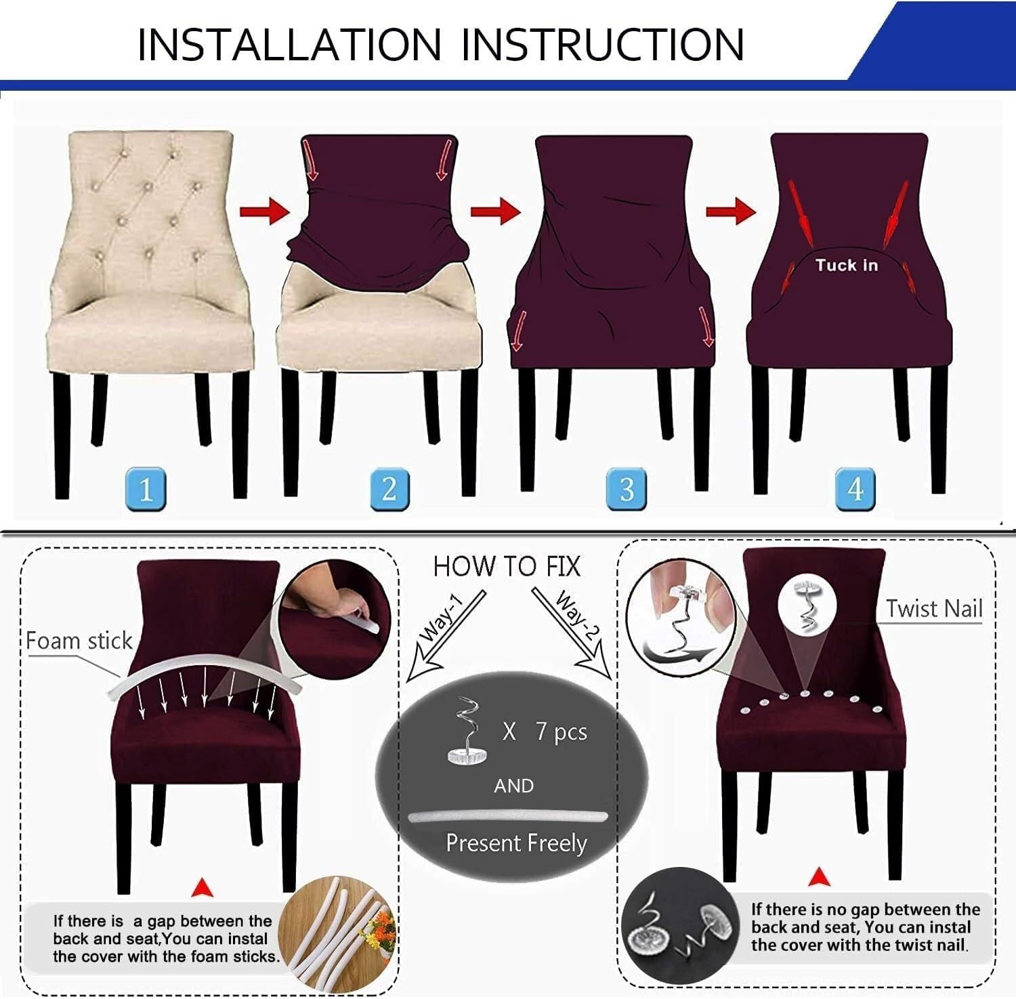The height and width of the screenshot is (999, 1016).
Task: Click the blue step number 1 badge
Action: click(146, 488)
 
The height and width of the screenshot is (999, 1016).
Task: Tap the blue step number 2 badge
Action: click(389, 488)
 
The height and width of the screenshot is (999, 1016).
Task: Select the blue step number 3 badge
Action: click(627, 488)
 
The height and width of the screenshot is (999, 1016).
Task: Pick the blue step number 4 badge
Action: click(855, 488)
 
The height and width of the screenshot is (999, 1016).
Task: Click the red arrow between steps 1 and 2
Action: click(265, 211)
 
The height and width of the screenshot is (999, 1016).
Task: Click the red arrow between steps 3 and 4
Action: click(730, 211)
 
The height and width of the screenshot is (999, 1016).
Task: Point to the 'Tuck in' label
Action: click(846, 265)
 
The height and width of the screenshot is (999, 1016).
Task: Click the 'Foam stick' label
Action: click(79, 641)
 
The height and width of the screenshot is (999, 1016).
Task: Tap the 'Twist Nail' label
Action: click(934, 608)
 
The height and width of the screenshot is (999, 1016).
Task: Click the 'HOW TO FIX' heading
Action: click(507, 566)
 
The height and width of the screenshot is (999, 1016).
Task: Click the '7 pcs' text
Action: click(562, 731)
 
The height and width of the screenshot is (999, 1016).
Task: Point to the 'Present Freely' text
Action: click(516, 843)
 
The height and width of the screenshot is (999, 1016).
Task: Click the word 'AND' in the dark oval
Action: click(513, 786)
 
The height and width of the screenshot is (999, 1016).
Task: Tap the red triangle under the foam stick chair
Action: click(203, 887)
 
